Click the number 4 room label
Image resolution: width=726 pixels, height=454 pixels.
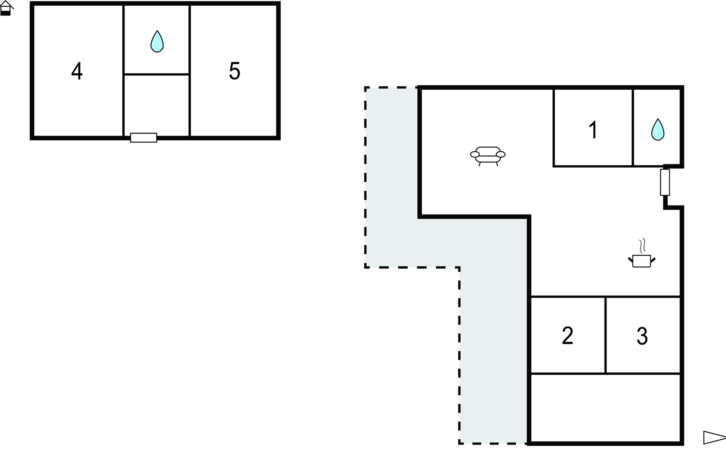[77, 71]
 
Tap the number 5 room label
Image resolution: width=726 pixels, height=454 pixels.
[234, 71]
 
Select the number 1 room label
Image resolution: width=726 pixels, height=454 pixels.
[593, 130]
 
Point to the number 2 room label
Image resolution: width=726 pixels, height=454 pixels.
[567, 335]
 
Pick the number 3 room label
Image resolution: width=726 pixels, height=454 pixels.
[642, 336]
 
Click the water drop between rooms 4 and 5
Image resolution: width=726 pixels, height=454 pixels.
[157, 41]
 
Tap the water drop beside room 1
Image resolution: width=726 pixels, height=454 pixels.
[658, 130]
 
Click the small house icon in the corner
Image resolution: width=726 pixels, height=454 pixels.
[6, 8]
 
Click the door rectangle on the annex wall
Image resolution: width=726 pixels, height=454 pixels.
[144, 138]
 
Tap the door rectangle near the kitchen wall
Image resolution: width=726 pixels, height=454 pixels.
[665, 182]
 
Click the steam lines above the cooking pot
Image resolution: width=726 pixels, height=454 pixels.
[642, 246]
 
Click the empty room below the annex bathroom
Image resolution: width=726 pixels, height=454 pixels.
[157, 105]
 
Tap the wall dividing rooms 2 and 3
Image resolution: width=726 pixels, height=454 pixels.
[605, 335]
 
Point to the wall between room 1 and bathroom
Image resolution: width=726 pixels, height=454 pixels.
[633, 127]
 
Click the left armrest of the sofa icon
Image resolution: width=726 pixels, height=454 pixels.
[475, 154]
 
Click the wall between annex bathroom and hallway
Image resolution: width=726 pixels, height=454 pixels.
[157, 74]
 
